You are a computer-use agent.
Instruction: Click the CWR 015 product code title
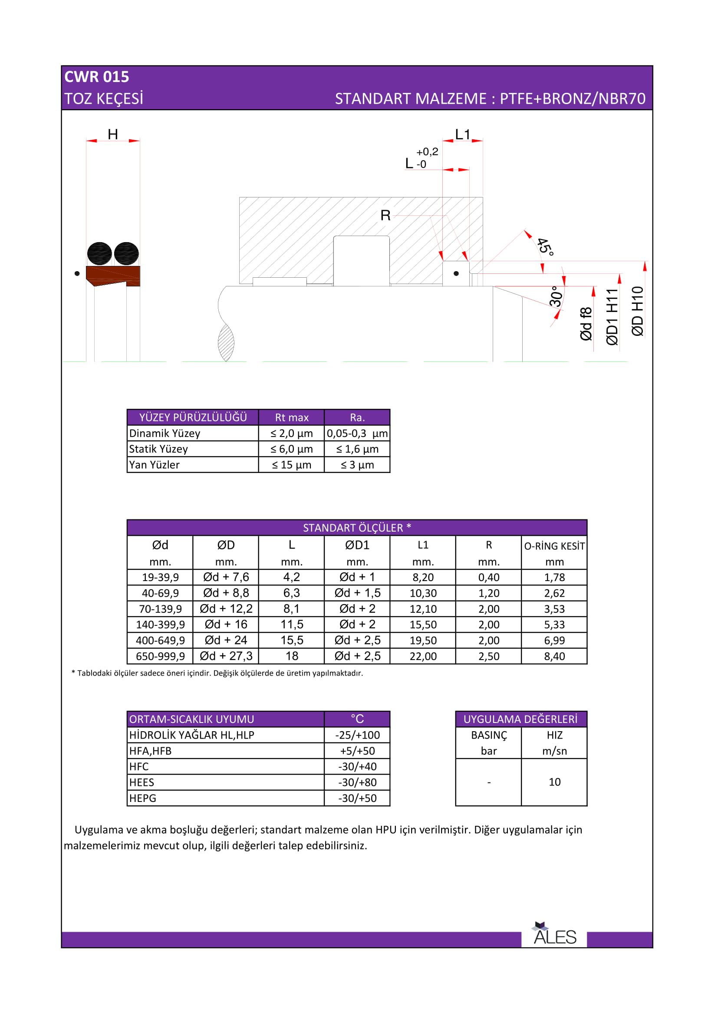(97, 77)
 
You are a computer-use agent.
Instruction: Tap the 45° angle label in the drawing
(545, 246)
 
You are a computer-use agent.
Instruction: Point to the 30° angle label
(555, 296)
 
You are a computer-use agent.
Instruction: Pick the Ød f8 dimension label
(586, 324)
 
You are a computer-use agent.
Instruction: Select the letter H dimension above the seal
(113, 135)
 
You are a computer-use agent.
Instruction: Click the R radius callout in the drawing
(385, 216)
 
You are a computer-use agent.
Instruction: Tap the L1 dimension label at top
(462, 135)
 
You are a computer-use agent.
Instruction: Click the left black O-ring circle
(99, 254)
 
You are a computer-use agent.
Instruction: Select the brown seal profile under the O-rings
(113, 276)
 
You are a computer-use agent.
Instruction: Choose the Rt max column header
(291, 417)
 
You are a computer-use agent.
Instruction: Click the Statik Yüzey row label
(158, 449)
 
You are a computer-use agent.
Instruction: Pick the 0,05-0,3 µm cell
(357, 433)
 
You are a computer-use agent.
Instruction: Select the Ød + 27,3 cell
(226, 656)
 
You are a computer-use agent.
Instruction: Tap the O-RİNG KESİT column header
(554, 546)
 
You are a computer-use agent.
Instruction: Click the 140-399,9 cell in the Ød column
(160, 624)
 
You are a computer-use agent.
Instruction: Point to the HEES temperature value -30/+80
(357, 782)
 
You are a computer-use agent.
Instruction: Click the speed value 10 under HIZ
(554, 782)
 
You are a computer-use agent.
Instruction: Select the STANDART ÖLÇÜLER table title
(357, 528)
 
